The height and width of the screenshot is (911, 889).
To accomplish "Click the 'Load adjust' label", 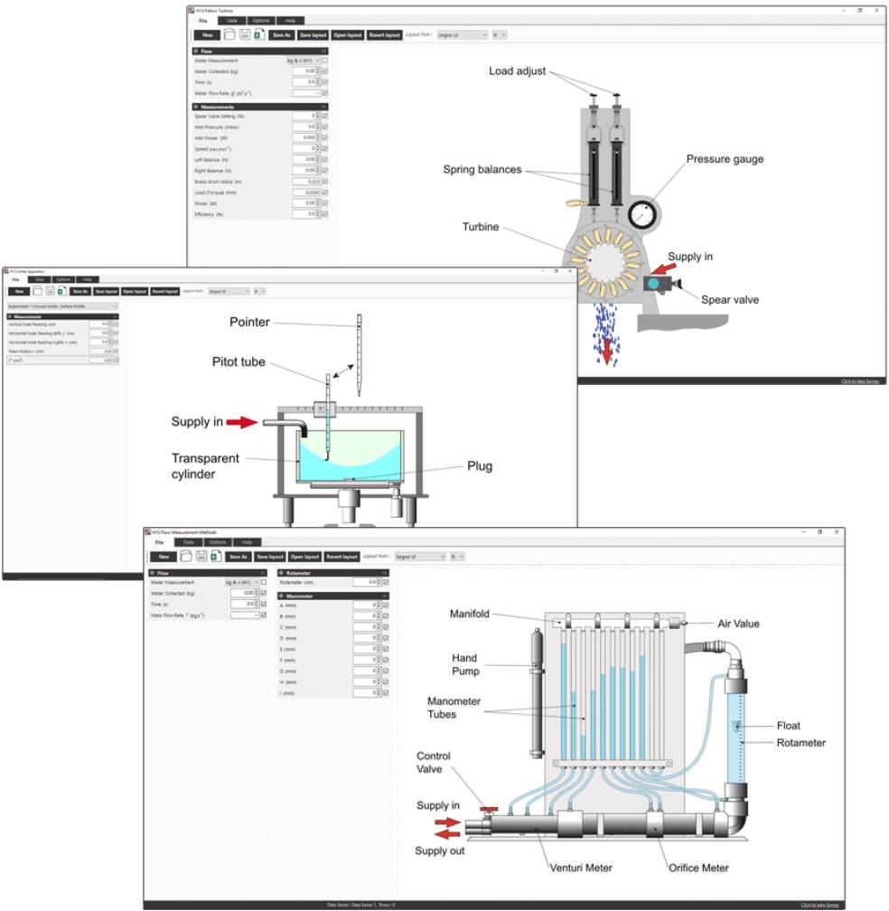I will (x=518, y=71).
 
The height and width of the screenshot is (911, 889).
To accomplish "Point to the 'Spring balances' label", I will (x=482, y=169).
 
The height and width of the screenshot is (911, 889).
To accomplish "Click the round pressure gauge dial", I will (x=643, y=215).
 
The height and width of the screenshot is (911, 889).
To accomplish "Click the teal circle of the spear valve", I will (x=653, y=284).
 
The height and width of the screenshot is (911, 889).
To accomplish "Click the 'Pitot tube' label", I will (x=234, y=362).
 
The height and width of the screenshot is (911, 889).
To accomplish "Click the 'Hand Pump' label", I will (x=465, y=664).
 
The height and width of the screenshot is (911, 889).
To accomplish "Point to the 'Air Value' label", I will (x=738, y=623).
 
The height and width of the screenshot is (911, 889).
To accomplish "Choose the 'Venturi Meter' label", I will (x=581, y=868).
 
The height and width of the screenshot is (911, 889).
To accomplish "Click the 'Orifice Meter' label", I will (x=698, y=868).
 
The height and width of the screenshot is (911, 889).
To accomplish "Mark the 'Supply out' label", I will (x=440, y=850).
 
